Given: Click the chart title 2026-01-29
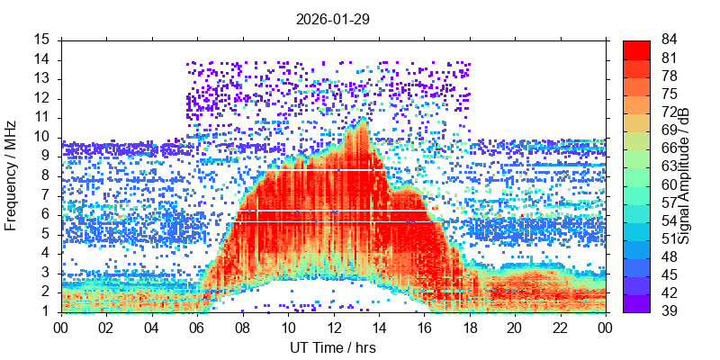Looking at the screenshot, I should click(332, 18).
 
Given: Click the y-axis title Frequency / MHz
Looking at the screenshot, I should click(12, 175).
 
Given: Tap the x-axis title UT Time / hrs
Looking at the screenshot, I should click(332, 347).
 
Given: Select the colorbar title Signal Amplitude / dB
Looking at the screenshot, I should click(684, 175).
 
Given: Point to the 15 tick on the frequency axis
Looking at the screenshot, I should click(43, 40).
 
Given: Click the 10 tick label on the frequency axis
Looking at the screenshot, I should click(43, 137).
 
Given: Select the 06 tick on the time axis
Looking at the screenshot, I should click(197, 328).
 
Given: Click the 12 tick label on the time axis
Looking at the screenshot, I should click(333, 328).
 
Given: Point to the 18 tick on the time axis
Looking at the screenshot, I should click(469, 328).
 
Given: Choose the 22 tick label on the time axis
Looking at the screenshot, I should click(559, 328).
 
